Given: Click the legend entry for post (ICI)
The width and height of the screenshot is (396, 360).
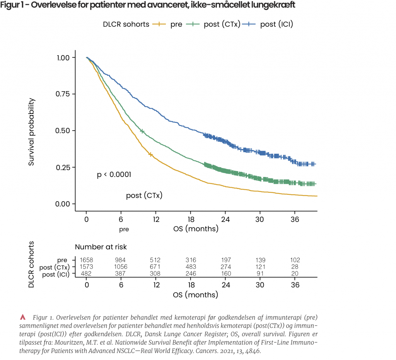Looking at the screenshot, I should (x=276, y=24).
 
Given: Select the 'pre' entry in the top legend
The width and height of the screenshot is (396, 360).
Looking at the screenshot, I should (x=176, y=24).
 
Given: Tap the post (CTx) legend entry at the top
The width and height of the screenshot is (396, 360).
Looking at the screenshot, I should (x=222, y=24).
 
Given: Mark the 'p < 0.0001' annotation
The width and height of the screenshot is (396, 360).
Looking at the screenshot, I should (x=114, y=175).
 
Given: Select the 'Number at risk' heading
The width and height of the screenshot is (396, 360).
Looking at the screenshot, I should (x=101, y=247).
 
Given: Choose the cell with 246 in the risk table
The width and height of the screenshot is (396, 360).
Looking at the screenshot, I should (x=191, y=273).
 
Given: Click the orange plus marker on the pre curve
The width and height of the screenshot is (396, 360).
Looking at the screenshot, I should (x=151, y=155).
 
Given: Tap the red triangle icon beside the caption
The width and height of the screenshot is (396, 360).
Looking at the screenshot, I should (x=23, y=317).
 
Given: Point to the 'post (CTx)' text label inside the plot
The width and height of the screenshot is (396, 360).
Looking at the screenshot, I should (x=144, y=196).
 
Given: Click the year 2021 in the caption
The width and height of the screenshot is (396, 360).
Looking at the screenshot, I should (x=215, y=352).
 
